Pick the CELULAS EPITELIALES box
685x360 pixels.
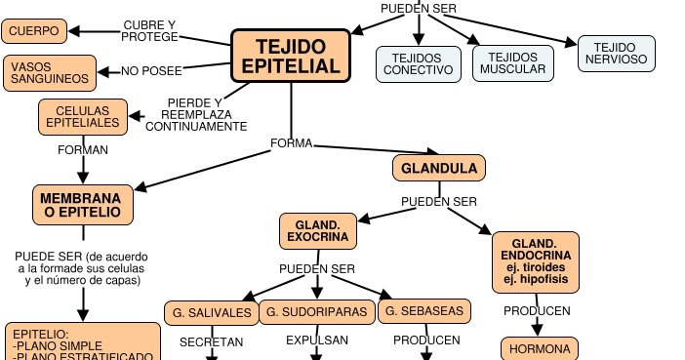click(83, 116)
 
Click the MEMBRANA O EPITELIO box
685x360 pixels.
click(82, 204)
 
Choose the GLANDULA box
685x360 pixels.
click(439, 168)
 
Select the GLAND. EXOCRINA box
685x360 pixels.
click(317, 231)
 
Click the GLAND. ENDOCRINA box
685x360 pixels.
click(538, 261)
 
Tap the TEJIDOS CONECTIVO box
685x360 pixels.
click(418, 63)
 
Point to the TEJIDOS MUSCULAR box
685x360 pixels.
click(514, 63)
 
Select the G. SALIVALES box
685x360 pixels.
click(208, 312)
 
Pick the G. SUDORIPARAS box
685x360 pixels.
click(317, 312)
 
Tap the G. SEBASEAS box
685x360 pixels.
click(424, 312)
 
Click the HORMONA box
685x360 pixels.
click(540, 347)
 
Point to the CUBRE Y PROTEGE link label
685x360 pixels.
click(150, 30)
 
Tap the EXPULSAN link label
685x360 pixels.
click(317, 341)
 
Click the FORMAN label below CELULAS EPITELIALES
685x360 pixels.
click(83, 150)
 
